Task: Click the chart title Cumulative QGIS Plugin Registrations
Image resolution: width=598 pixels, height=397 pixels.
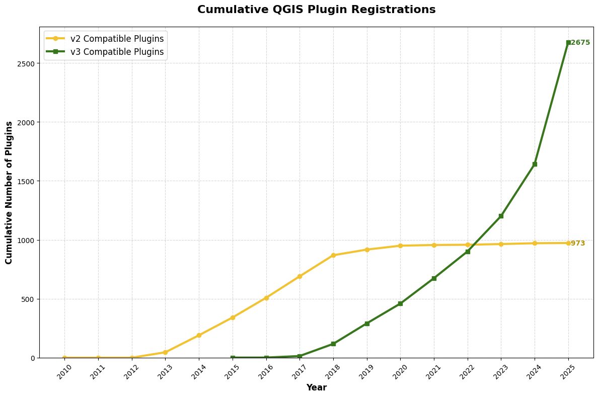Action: [x=316, y=9]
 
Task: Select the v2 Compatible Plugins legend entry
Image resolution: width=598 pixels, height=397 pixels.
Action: [x=105, y=39]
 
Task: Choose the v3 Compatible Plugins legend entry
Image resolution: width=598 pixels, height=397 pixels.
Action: [x=105, y=51]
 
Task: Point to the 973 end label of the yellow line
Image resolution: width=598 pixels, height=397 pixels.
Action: [x=578, y=244]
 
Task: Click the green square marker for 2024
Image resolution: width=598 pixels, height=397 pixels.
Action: [x=535, y=164]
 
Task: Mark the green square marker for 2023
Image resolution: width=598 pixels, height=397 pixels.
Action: [x=501, y=216]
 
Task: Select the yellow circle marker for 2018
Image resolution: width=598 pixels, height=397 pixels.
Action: [x=333, y=255]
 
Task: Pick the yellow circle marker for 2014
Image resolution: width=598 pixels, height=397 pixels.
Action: [x=199, y=335]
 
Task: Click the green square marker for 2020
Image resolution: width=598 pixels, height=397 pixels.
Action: [x=401, y=303]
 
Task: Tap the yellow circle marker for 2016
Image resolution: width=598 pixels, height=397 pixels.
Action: [x=266, y=298]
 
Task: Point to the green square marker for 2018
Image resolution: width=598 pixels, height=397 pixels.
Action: [x=333, y=344]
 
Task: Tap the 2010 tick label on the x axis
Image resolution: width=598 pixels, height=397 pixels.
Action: [x=64, y=372]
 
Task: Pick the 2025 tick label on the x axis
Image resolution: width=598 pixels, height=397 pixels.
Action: [x=567, y=372]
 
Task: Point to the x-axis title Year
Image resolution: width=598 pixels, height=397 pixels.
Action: [x=317, y=387]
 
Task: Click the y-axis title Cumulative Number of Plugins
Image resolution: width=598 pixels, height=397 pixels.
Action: [x=9, y=193]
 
